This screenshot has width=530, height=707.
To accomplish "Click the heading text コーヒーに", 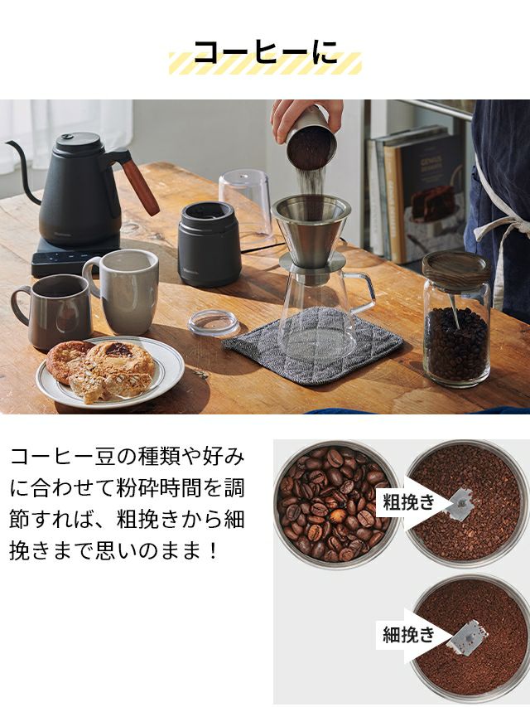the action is (x=266, y=52).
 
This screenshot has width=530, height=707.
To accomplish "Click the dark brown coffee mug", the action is (x=53, y=311).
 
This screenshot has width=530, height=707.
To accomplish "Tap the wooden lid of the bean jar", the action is (x=456, y=269).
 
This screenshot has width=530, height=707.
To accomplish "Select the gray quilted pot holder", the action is (x=313, y=345).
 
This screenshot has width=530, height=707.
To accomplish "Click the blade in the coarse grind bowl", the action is (x=460, y=504).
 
